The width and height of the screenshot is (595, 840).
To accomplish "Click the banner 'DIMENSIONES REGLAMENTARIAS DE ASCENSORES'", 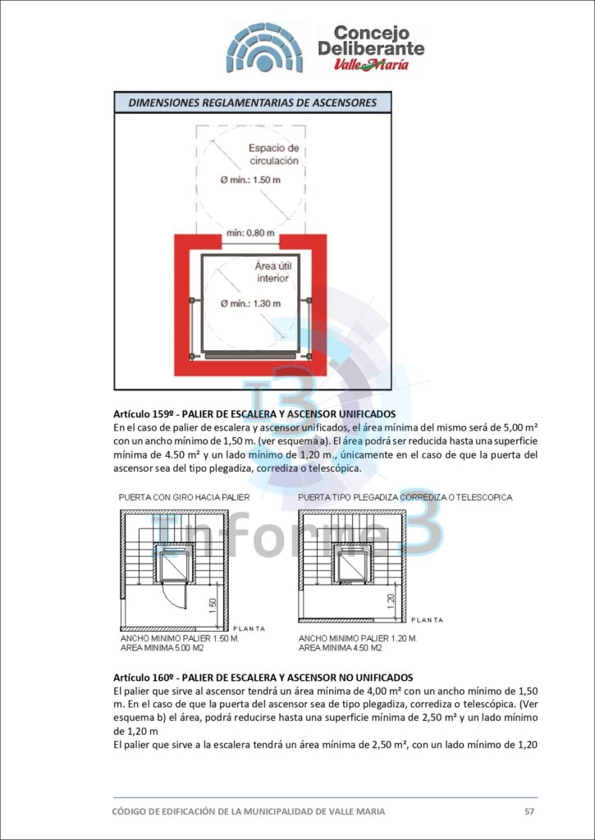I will pyautogui.click(x=252, y=103).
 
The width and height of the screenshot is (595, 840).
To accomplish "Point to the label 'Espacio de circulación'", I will pyautogui.click(x=274, y=154).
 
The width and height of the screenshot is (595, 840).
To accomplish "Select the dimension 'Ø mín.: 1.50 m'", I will pyautogui.click(x=250, y=180).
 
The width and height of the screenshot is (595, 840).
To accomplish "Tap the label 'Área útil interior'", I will pyautogui.click(x=273, y=272).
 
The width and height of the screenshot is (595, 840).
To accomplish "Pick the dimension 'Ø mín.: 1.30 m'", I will pyautogui.click(x=250, y=304).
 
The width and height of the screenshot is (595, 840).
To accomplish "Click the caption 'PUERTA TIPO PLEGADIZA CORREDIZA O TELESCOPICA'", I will pyautogui.click(x=405, y=497).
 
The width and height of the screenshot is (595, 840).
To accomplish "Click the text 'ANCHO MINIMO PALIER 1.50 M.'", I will pyautogui.click(x=179, y=637).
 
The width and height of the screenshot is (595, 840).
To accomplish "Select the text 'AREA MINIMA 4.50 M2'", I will pyautogui.click(x=341, y=647).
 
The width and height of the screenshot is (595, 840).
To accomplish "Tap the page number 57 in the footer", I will pyautogui.click(x=529, y=811).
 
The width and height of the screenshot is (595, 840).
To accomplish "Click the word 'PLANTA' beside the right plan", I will pyautogui.click(x=427, y=620).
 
